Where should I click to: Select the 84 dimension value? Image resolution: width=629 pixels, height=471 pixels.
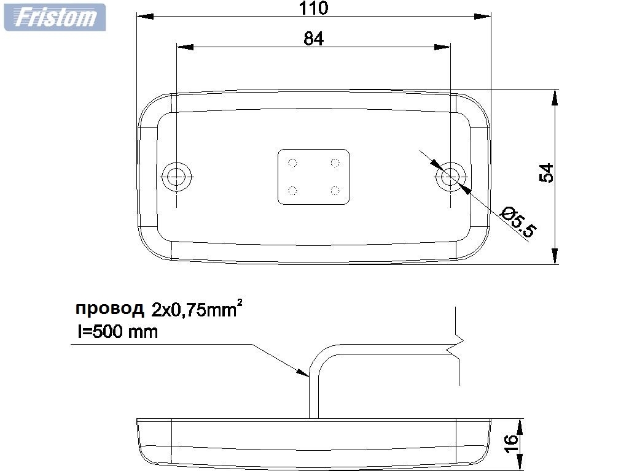pos(313,39)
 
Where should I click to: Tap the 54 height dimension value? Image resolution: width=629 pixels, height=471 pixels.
pos(546,173)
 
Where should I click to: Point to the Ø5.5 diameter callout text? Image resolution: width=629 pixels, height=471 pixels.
pos(518,222)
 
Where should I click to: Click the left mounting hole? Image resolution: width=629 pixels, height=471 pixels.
pos(177,176)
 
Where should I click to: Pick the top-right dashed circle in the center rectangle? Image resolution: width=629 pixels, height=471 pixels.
pos(335,163)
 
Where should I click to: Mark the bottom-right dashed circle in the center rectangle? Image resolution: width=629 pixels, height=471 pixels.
pos(335,190)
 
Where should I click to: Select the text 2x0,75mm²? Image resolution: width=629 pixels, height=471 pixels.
pos(197,309)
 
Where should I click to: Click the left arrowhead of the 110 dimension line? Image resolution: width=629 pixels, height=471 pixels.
pos(143,17)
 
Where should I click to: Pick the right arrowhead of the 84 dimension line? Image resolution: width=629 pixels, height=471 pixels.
pos(443,47)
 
